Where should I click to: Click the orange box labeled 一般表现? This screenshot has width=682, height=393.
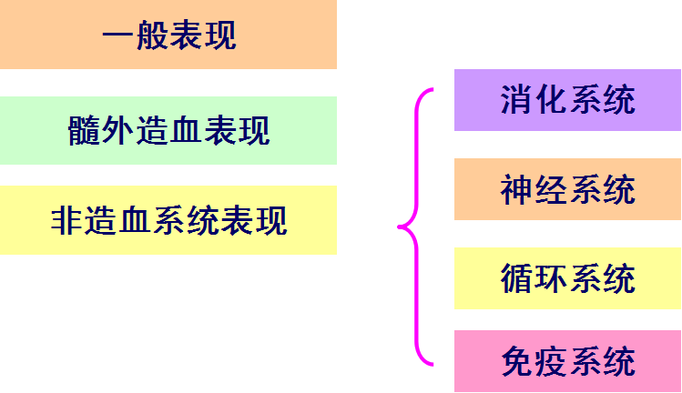(168, 35)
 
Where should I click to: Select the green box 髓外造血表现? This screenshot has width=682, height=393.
(168, 130)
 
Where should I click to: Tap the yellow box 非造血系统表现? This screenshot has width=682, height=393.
(168, 219)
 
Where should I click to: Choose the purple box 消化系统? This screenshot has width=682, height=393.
(567, 99)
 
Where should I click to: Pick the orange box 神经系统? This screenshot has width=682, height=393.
(567, 189)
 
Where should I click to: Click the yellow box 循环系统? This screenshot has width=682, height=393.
(567, 277)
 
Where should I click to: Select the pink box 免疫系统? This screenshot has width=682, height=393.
(567, 361)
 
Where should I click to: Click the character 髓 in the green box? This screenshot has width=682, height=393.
(85, 131)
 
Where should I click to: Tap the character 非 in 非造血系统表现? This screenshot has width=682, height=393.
(68, 220)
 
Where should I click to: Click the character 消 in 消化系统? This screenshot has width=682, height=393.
(516, 100)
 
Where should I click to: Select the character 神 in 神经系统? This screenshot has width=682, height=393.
(516, 190)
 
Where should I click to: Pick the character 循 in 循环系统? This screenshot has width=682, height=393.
(516, 278)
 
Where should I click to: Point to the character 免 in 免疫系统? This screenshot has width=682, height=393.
(516, 362)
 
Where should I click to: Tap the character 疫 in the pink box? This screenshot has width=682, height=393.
(551, 362)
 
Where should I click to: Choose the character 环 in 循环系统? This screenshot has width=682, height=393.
(551, 278)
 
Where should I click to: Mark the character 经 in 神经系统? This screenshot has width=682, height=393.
(551, 190)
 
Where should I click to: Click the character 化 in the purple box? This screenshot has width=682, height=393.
(551, 100)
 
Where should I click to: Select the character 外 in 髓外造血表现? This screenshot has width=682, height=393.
(118, 131)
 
